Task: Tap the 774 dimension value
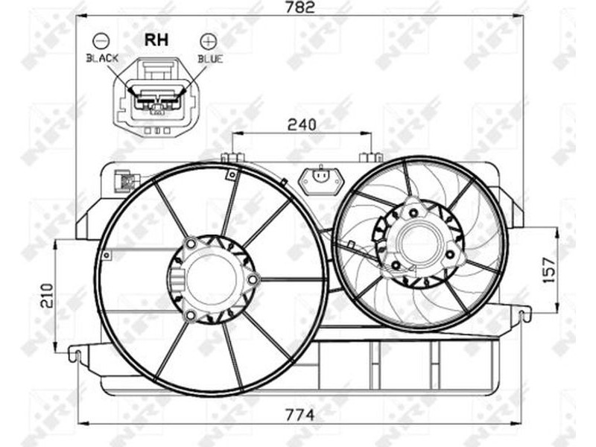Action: [x=300, y=415]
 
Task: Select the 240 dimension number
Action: [x=302, y=124]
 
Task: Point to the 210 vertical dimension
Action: [x=48, y=295]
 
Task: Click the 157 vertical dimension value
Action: [x=548, y=270]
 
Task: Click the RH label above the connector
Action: [x=156, y=40]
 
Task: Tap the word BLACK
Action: [x=102, y=58]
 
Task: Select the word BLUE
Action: [x=210, y=59]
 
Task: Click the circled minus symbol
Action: [x=101, y=41]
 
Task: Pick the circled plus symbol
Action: [x=209, y=41]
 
